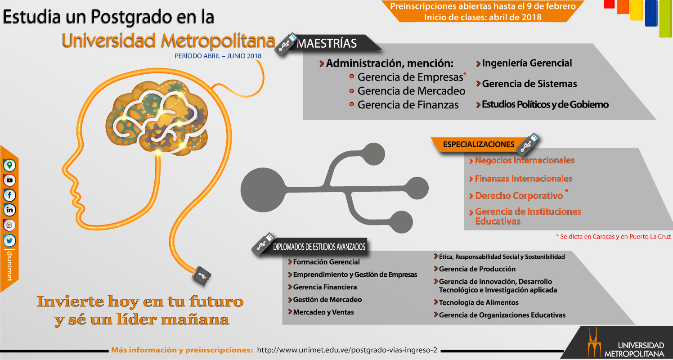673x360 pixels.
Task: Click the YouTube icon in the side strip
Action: point(9,180)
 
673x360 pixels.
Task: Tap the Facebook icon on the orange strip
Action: point(9,195)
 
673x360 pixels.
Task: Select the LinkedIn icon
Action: point(9,210)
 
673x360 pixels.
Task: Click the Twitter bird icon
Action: point(9,240)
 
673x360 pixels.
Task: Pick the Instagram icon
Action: point(9,225)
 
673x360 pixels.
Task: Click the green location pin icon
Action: point(9,165)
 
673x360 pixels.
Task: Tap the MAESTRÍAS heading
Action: point(327,44)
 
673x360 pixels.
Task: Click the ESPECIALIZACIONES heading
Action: point(479,144)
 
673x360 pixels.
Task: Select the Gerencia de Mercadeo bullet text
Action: point(411,91)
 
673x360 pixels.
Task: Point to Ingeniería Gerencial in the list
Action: point(527,63)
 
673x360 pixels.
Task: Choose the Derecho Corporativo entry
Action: point(519,196)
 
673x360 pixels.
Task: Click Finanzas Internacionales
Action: point(523,179)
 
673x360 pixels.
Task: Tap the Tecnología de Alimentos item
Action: point(479,302)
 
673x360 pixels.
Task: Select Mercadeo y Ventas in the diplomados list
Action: point(323,312)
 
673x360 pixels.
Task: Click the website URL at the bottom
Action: point(347,350)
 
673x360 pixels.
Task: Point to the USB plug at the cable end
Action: point(202,276)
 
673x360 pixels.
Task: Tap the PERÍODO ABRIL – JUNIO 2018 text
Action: point(218,56)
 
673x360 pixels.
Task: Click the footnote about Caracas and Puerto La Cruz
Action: point(613,237)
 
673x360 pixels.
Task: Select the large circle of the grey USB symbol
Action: point(263,190)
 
